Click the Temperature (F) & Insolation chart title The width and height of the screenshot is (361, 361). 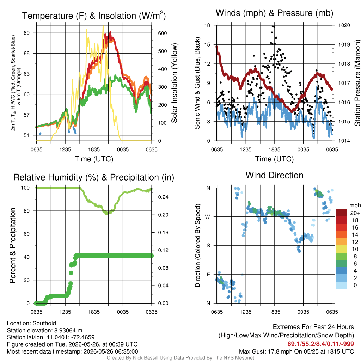pos(94,16)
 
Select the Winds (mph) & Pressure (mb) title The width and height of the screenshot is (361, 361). pos(274,13)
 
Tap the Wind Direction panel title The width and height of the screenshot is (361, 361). pos(274,175)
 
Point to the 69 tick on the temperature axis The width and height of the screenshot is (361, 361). pos(27,33)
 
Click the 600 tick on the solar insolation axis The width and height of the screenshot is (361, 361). pos(163,33)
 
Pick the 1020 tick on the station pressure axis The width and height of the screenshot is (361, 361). pos(344,25)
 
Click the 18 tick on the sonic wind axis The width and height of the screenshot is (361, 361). pos(207,25)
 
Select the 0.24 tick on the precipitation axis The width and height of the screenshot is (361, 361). pos(163,197)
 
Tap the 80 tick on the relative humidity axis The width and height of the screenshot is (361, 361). pos(27,211)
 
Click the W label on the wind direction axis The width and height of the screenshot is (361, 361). pos(208,217)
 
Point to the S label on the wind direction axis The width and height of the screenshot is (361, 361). pos(208,246)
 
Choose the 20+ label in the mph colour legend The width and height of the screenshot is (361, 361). pos(355,213)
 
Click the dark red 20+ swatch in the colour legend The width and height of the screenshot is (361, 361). pos(341,213)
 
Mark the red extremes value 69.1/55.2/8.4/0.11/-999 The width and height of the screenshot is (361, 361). pos(320,344)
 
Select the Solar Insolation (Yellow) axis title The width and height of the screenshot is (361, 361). pos(175,83)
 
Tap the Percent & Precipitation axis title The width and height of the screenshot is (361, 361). pos(13,245)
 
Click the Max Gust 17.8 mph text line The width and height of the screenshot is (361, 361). pos(296,351)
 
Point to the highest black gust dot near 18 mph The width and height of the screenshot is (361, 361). pos(273,26)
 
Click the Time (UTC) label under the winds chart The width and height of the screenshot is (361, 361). pos(274,159)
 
